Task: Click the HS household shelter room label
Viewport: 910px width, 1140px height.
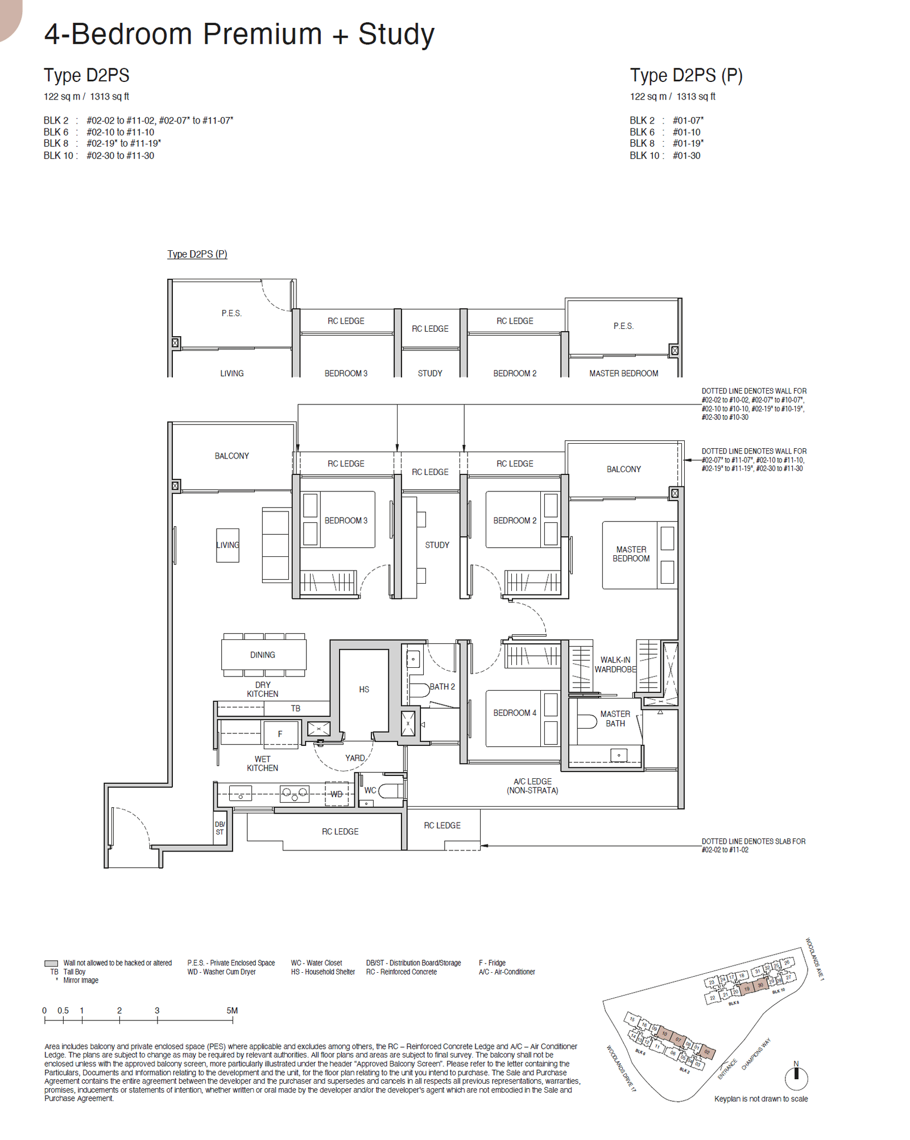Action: [x=364, y=689]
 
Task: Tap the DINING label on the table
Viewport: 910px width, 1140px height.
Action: [x=262, y=655]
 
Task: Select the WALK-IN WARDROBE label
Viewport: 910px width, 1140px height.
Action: [x=615, y=664]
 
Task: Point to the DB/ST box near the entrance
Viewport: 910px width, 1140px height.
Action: [x=220, y=828]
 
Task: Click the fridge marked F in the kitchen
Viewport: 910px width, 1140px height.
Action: [x=280, y=734]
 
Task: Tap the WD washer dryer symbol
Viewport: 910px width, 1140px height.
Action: [x=336, y=794]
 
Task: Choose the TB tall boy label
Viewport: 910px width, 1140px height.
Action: [x=295, y=708]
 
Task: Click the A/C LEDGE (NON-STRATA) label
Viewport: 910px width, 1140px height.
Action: [x=532, y=786]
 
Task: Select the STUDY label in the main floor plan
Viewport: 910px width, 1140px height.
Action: [x=437, y=544]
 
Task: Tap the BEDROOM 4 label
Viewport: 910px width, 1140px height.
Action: [x=514, y=712]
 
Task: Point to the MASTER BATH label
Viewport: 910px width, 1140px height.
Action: [x=615, y=718]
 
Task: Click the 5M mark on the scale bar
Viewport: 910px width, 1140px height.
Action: [x=232, y=1010]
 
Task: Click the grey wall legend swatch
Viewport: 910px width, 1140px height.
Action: [x=51, y=963]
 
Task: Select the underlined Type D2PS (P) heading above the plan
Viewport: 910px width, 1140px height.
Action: [x=197, y=254]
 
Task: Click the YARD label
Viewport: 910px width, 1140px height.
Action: [x=355, y=758]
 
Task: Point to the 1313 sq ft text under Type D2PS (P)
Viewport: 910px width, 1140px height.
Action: [x=696, y=96]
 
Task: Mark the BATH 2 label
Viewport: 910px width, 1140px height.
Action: [x=442, y=687]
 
